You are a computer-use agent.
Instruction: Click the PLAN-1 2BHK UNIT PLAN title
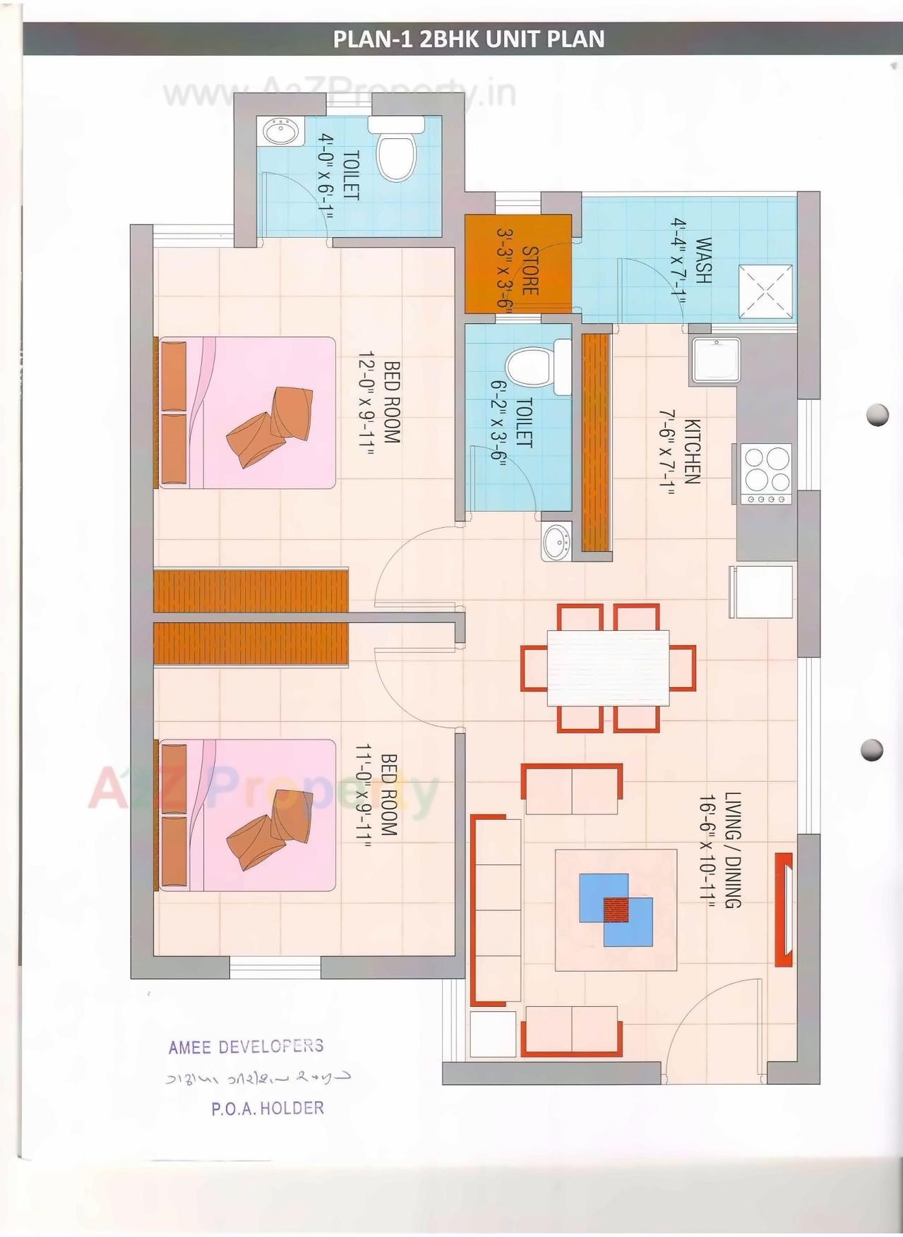(468, 39)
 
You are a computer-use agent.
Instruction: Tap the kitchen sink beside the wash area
(715, 361)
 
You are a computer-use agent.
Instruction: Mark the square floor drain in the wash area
(765, 291)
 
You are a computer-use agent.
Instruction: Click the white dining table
(608, 667)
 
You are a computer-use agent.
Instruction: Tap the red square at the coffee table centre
(616, 909)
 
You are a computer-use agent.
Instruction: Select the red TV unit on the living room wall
(784, 909)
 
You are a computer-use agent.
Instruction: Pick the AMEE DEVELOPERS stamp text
(246, 1046)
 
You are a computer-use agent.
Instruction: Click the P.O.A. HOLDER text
(267, 1109)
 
